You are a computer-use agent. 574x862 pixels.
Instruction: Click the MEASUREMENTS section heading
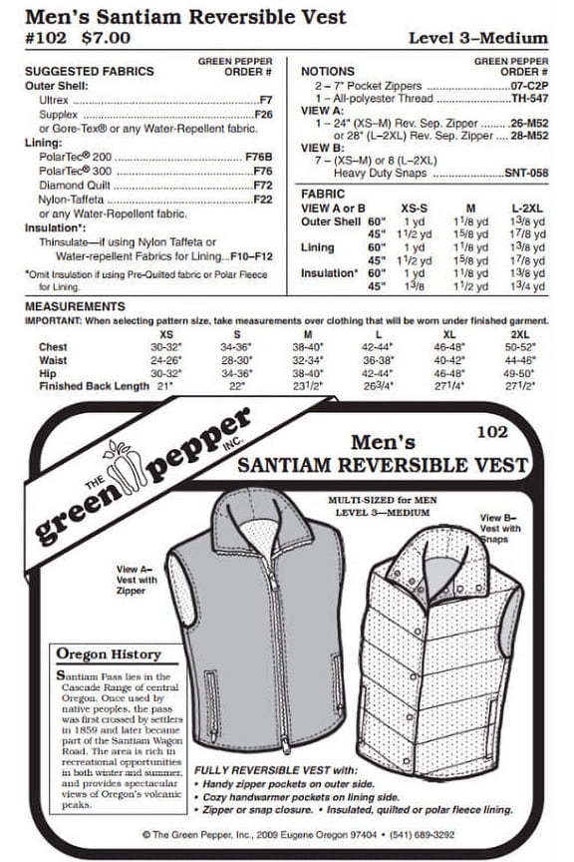pos(74,306)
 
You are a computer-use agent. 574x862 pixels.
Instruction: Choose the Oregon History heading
pos(110,653)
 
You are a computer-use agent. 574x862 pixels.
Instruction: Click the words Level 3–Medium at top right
pos(478,38)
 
